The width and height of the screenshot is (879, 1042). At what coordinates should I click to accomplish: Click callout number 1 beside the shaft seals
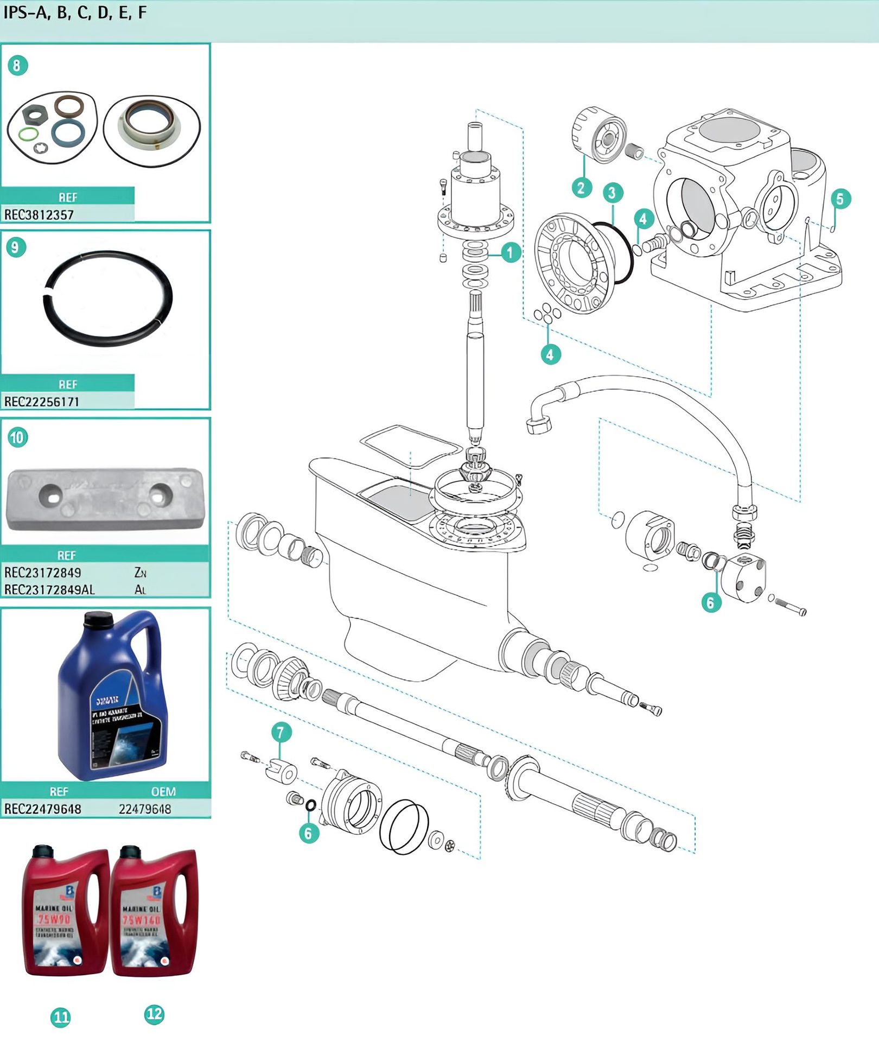point(510,252)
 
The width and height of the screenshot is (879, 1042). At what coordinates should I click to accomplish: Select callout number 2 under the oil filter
point(581,188)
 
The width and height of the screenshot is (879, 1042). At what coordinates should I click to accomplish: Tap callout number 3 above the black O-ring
point(613,192)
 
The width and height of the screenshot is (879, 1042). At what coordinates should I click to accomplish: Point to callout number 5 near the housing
point(840,199)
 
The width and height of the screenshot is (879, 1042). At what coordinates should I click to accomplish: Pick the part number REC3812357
point(39,215)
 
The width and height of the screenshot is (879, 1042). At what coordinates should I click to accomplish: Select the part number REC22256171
point(41,402)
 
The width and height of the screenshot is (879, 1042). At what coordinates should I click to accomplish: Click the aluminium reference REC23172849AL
point(49,589)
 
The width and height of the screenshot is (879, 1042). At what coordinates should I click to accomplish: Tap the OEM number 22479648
point(145,809)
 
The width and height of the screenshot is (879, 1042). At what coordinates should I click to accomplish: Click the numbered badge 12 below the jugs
point(154,1014)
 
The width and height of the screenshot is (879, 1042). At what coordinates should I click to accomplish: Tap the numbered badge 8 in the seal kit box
point(17,66)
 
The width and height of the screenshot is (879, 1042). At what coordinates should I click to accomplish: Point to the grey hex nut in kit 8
point(35,115)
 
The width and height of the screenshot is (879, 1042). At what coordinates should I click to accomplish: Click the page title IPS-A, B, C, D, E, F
point(75,13)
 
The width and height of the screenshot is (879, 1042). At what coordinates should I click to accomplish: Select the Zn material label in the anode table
point(140,573)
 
